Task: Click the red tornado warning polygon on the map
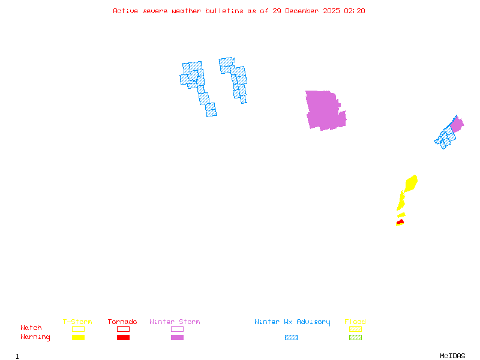(x=400, y=222)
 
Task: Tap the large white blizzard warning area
(x=218, y=87)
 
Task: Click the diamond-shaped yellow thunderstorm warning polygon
(x=411, y=183)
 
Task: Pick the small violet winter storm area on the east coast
(x=457, y=125)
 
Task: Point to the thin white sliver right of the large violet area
(x=344, y=105)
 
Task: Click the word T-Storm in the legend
(x=77, y=322)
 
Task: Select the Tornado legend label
(x=122, y=322)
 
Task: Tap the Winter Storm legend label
(x=175, y=322)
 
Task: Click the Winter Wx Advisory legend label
(x=292, y=322)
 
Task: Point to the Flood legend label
(x=355, y=322)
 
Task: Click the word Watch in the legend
(x=31, y=328)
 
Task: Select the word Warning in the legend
(x=35, y=337)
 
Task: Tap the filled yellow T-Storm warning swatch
(x=78, y=337)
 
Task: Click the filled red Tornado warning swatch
(x=123, y=337)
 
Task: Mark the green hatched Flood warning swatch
(x=355, y=337)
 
